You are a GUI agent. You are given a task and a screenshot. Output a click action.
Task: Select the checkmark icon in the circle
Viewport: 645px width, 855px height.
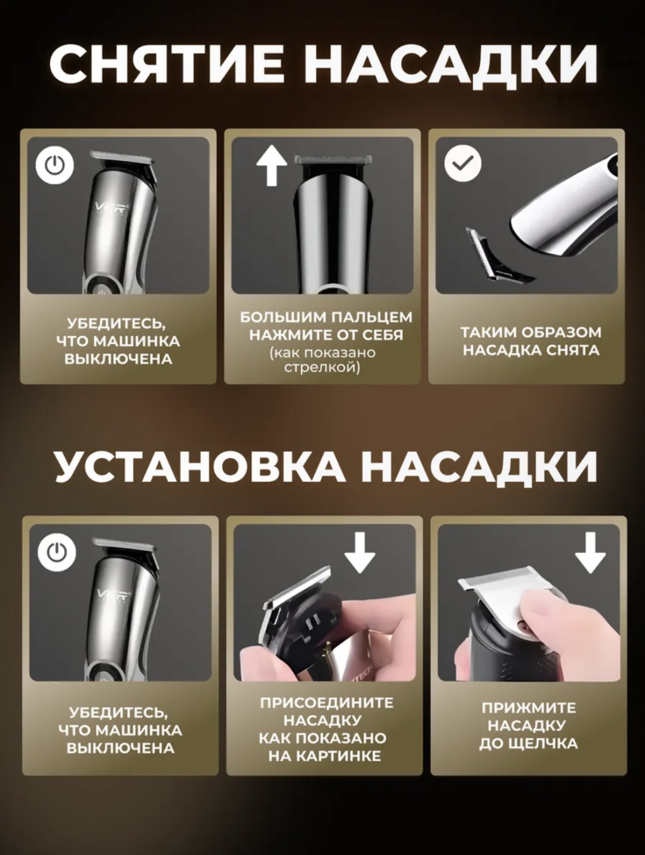point(463,163)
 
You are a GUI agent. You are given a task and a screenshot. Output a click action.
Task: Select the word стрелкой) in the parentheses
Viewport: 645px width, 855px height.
point(322,367)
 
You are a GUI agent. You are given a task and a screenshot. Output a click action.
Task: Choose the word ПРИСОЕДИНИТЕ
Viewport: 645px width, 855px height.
point(327,703)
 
